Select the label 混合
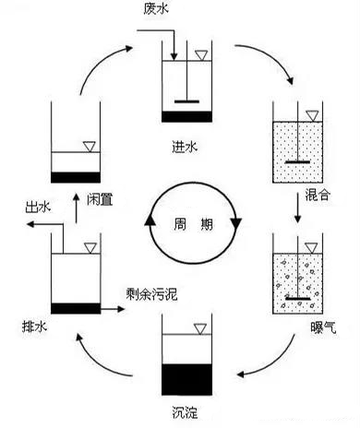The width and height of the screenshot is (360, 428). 319,196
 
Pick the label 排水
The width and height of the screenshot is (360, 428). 32,326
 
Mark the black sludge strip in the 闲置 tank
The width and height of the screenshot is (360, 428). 77,176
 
